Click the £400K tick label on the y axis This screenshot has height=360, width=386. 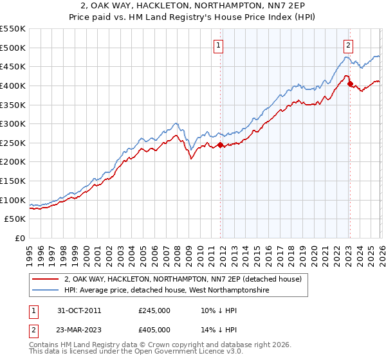tap(13, 85)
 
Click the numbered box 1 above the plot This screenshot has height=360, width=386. tap(219, 45)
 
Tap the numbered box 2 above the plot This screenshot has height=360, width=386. tap(348, 45)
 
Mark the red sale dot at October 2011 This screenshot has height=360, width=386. tap(220, 145)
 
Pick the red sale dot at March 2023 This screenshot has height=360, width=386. tap(349, 84)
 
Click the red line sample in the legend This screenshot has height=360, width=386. tap(46, 279)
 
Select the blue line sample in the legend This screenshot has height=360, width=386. tap(46, 291)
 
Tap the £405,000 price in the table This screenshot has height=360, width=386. tap(154, 329)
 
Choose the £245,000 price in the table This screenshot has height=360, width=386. tap(154, 310)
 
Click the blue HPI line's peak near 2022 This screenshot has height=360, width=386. tap(346, 57)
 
